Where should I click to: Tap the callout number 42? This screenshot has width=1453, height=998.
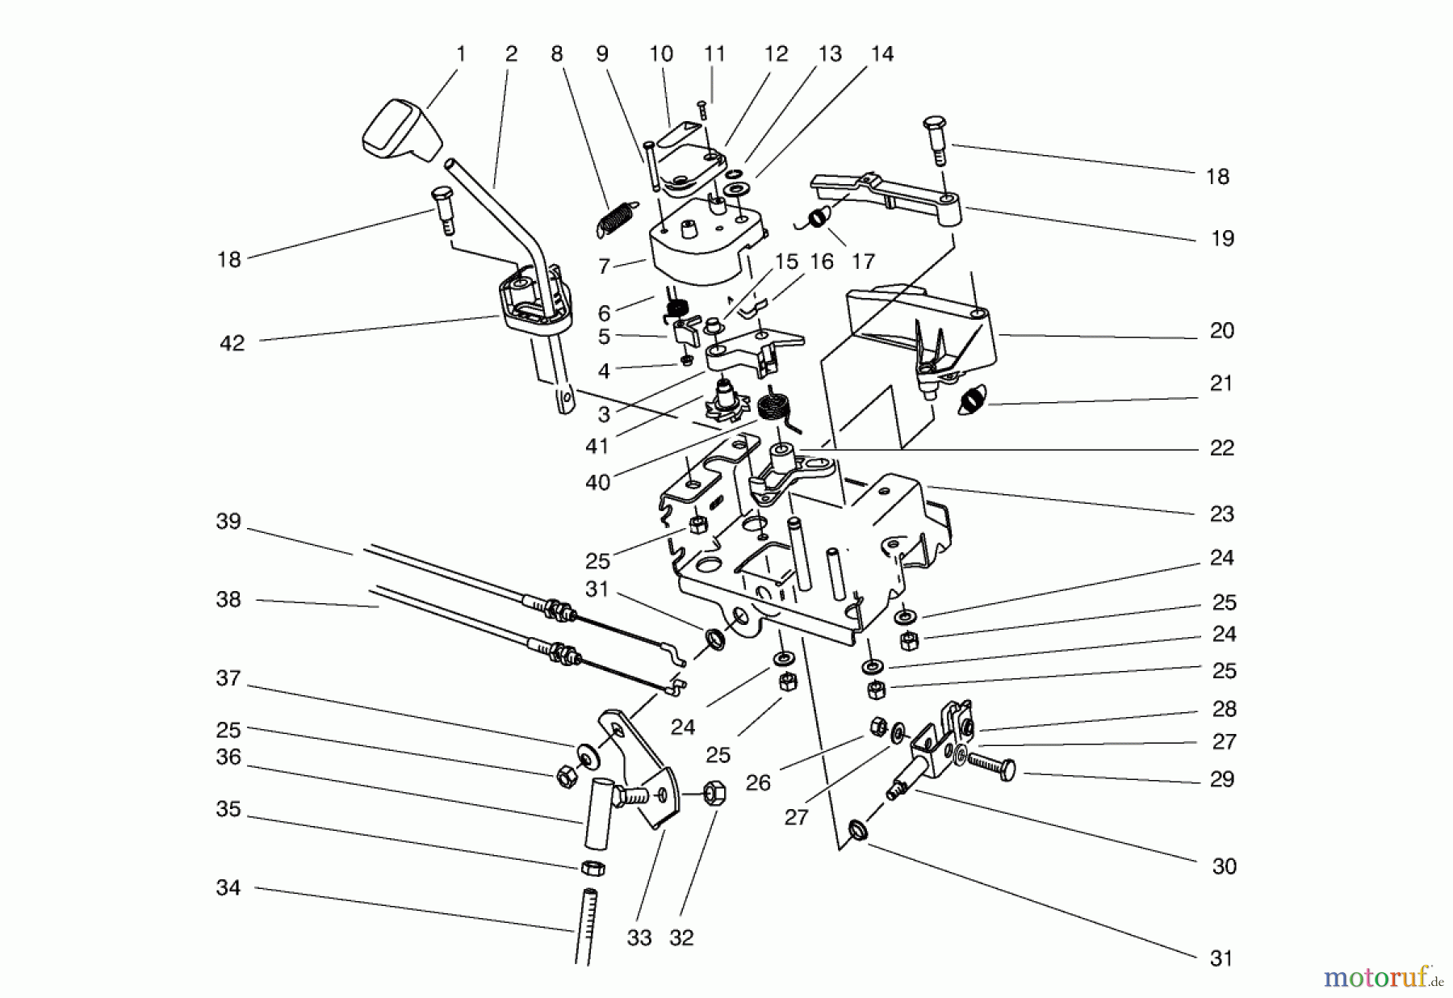232,343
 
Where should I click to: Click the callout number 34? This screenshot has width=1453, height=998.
228,888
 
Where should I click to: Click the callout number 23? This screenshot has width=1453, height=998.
1222,514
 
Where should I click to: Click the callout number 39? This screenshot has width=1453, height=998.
228,522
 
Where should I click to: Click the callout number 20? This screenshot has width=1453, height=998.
1222,331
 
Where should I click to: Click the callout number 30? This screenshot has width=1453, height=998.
1224,866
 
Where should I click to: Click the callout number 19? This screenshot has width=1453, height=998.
1222,239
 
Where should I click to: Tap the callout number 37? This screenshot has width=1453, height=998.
228,679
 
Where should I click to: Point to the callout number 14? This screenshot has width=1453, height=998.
882,54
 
